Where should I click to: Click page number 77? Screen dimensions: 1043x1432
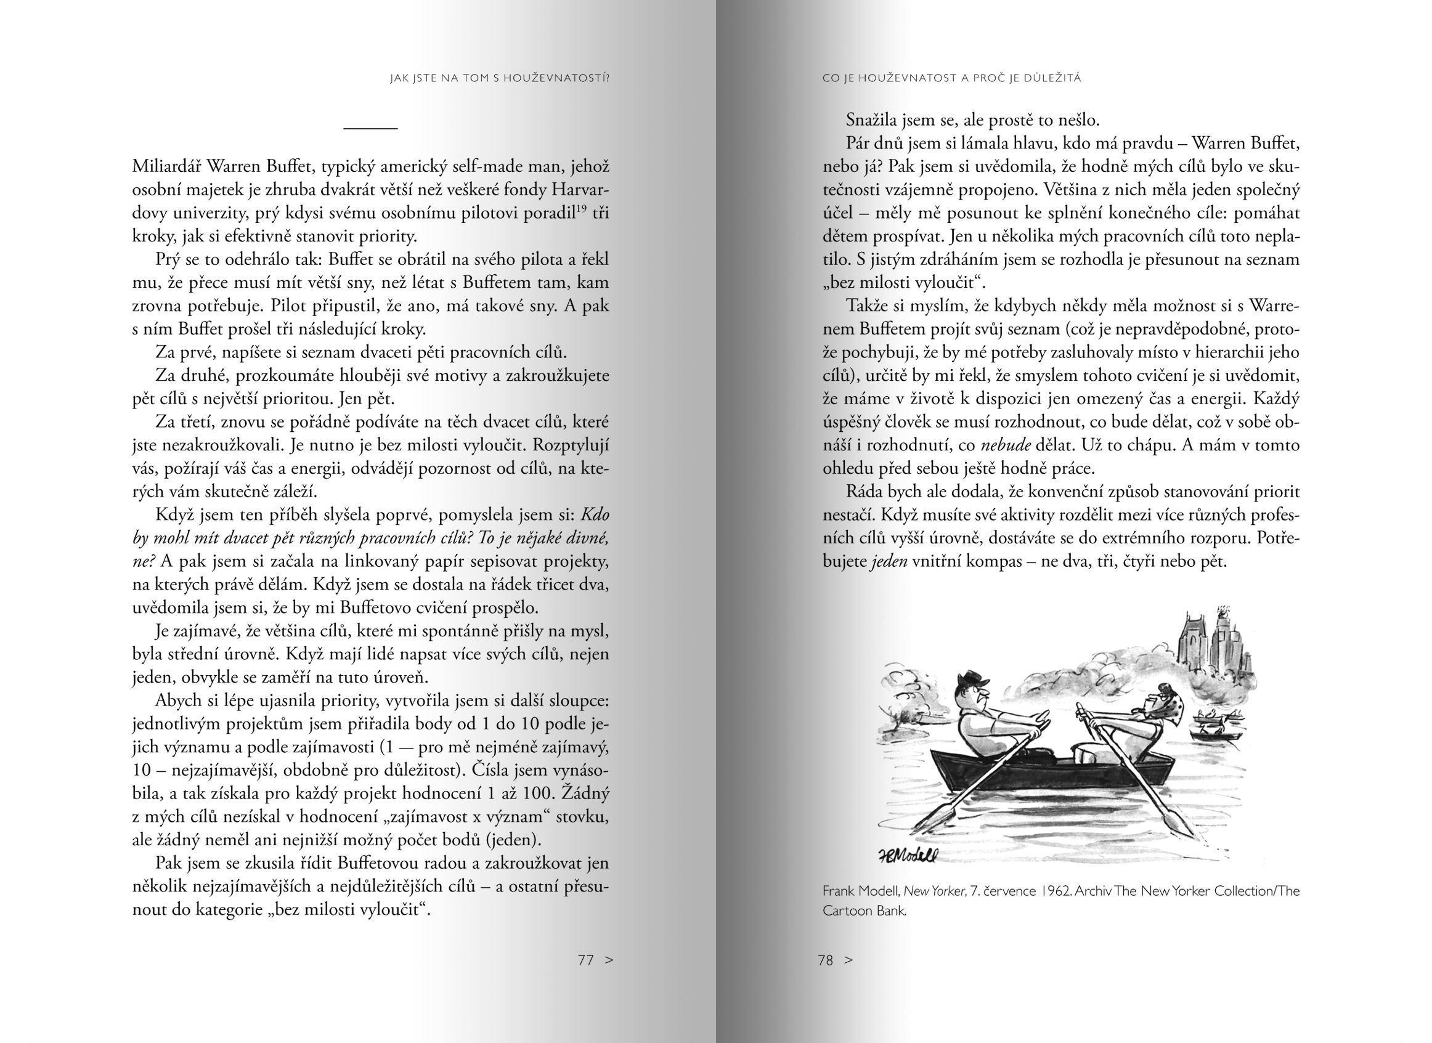coord(585,960)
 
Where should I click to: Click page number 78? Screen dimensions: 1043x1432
coord(825,960)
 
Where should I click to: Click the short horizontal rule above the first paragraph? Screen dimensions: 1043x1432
coord(370,128)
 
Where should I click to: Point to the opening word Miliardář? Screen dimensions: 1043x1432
coord(166,167)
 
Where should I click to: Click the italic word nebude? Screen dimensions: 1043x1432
coord(1005,445)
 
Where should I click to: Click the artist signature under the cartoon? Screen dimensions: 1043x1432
coord(907,856)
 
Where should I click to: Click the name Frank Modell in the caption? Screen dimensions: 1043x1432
coord(861,891)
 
